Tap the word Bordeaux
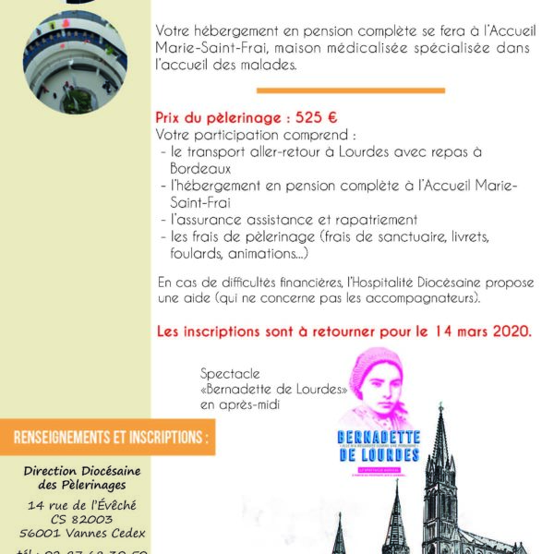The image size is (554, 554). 199,170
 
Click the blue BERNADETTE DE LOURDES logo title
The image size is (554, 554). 379,446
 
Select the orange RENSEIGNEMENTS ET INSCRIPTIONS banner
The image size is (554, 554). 107,437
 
